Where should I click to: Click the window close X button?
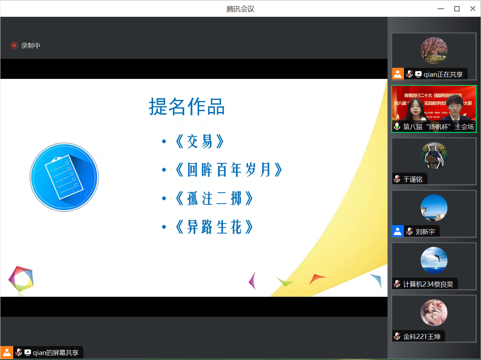coord(472,9)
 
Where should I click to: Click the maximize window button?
coord(457,9)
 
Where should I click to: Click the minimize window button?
coord(441,9)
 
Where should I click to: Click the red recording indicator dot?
coord(14,45)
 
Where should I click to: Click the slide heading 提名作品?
coord(187,107)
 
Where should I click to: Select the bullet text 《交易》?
coord(200,141)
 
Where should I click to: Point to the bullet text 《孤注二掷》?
coord(214,198)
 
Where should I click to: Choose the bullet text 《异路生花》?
coord(214,227)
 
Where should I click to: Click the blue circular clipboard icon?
coord(64,177)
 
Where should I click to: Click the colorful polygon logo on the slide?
coord(21,279)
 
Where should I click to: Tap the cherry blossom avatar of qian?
coord(434,50)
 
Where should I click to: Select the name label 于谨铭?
coord(413,179)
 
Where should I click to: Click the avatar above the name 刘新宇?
coord(434,208)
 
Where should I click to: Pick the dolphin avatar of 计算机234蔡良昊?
coord(434,260)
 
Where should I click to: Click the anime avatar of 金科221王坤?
coord(434,313)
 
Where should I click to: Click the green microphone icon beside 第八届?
coord(397,126)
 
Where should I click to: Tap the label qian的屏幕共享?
coord(55,353)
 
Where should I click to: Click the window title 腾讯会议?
coord(240,9)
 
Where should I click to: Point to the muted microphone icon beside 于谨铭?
coord(397,179)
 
